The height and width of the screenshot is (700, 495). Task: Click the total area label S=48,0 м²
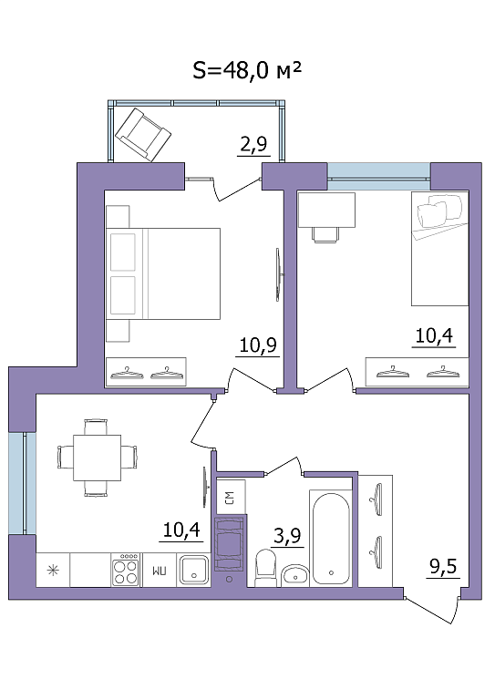click(x=247, y=70)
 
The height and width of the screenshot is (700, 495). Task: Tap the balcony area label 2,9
click(x=253, y=144)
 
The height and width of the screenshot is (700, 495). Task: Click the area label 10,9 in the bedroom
click(x=258, y=345)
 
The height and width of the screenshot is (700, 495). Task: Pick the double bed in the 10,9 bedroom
click(x=163, y=273)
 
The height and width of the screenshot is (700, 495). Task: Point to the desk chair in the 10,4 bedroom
click(x=325, y=234)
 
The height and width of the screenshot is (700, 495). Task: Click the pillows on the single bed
click(x=439, y=211)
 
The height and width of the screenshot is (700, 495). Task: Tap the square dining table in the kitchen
click(x=98, y=458)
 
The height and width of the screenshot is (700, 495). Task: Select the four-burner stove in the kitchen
click(x=126, y=570)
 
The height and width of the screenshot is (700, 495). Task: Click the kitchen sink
click(x=193, y=569)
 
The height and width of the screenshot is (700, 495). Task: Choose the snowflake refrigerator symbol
click(x=53, y=570)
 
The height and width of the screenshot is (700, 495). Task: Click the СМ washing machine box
click(x=231, y=498)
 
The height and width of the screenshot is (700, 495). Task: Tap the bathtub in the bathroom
click(x=331, y=539)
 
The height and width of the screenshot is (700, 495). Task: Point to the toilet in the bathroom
click(x=265, y=567)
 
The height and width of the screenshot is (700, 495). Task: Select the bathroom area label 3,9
click(x=287, y=536)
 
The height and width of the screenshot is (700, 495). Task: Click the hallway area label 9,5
click(x=443, y=567)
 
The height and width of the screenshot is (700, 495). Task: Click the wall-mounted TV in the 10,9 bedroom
click(x=278, y=274)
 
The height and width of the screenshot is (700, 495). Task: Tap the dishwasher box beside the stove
click(x=159, y=570)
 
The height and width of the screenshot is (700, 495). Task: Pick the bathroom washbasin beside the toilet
click(x=295, y=576)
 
